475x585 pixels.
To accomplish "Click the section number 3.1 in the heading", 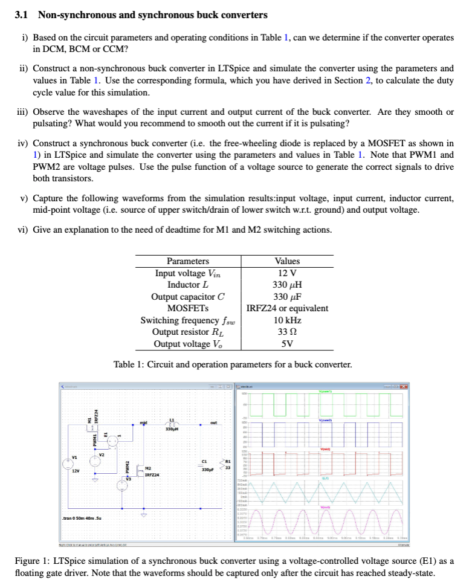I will pos(22,15).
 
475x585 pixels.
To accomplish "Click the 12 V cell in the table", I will pos(287,273).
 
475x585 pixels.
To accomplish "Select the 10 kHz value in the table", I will pos(287,320).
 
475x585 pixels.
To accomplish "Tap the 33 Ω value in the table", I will pos(287,332).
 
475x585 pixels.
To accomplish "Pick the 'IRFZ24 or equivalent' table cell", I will pos(287,308).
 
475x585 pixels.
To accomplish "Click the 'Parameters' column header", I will pos(188,261).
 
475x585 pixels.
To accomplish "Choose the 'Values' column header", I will pos(287,261).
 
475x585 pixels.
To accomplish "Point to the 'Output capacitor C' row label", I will pos(188,296).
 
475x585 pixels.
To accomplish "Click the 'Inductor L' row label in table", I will pos(188,285).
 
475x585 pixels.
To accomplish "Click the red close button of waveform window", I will pos(404,386).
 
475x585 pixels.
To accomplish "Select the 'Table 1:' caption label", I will pos(129,364).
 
